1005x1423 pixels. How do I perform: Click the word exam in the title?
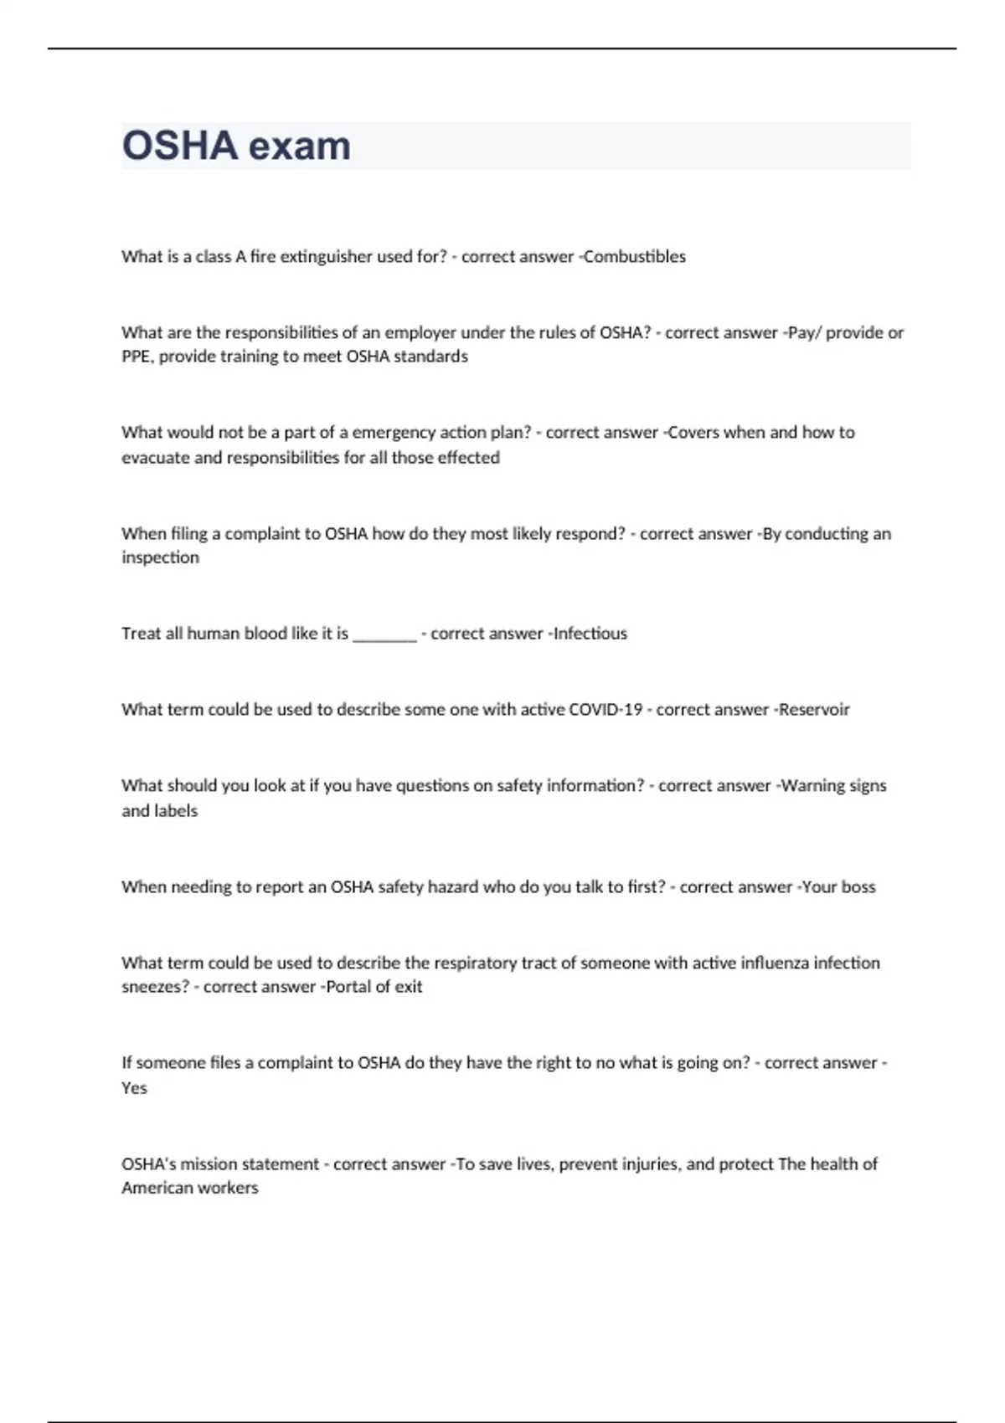299,146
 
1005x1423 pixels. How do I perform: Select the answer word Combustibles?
634,256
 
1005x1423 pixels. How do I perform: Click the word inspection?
160,557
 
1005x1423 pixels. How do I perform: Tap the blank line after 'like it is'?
384,634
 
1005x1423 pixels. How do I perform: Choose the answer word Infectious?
590,634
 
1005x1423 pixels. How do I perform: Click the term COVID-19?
606,710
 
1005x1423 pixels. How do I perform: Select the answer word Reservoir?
814,710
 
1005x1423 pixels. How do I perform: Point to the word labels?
176,810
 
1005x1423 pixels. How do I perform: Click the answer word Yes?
134,1088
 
